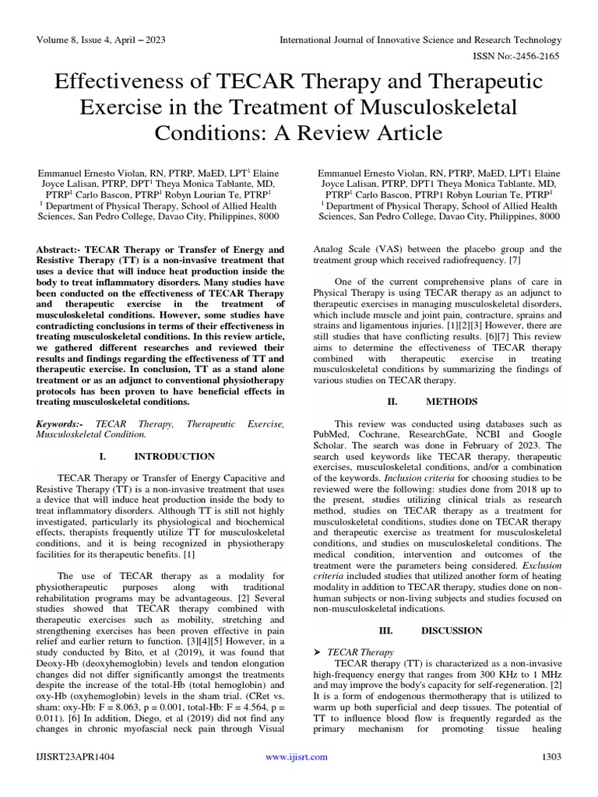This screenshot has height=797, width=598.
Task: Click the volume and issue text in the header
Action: coord(101,39)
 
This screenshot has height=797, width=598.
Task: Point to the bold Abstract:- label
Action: coord(63,249)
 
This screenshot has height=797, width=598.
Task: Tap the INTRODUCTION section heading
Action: coord(175,456)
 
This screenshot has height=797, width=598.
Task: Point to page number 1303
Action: coord(550,777)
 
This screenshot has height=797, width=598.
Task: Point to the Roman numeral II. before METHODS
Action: coord(392,402)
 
